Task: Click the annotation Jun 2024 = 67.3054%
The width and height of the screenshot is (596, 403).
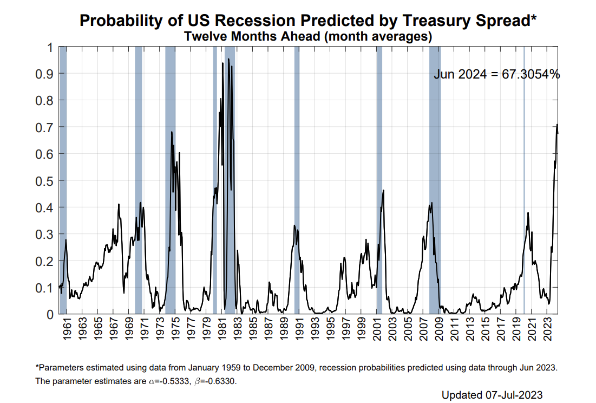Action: [x=496, y=75]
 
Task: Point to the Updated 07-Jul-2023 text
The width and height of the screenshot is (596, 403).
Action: [x=492, y=394]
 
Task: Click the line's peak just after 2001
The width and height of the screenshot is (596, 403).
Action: [x=383, y=190]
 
